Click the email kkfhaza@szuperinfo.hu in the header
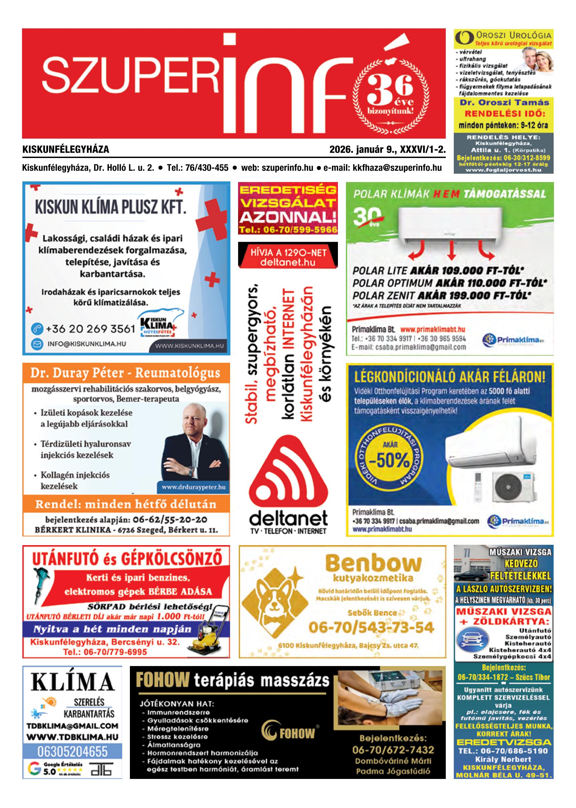click(x=397, y=168)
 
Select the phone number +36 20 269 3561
click(x=90, y=329)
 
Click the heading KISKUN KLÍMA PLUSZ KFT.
click(x=110, y=207)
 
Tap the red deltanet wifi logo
click(x=288, y=472)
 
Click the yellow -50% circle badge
click(x=389, y=461)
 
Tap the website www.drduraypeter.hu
click(x=193, y=487)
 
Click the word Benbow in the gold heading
click(x=373, y=563)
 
